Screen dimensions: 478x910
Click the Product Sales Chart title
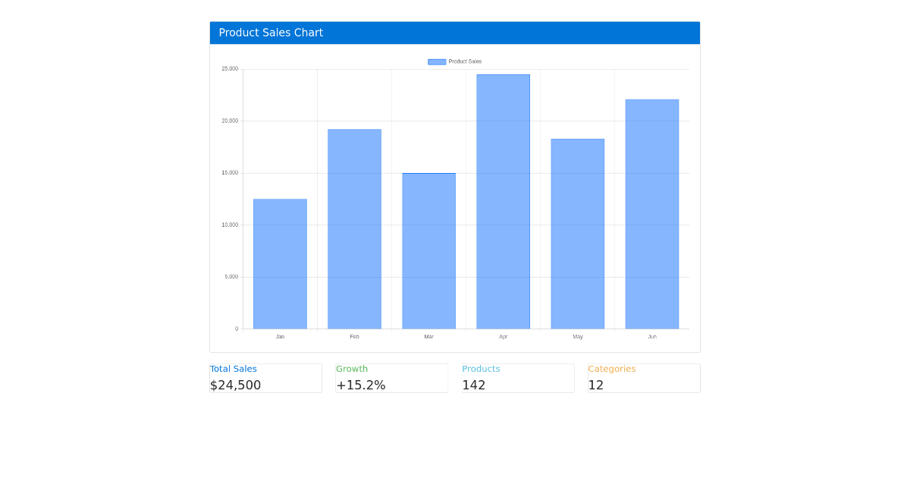pos(271,33)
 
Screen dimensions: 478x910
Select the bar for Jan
pos(280,264)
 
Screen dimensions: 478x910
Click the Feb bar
pos(354,229)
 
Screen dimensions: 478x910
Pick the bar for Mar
pos(428,251)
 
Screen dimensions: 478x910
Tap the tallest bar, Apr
pos(503,202)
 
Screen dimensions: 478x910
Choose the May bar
pos(577,234)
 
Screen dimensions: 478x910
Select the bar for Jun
pos(651,214)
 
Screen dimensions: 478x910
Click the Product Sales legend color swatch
pos(437,61)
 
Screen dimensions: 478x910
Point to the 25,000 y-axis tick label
pos(230,69)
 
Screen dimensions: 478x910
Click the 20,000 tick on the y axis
pos(230,121)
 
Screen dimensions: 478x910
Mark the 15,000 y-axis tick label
pos(230,173)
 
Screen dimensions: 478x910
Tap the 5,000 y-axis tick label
pos(231,277)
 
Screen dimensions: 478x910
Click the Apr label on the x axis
pos(503,337)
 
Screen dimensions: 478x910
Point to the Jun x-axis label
pos(651,337)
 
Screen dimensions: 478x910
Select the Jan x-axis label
pos(280,337)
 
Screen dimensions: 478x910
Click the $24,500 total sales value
pos(235,385)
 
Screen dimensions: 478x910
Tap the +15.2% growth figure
pos(360,385)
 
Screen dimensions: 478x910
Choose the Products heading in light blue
pos(481,369)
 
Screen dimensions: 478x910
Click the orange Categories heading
pos(611,369)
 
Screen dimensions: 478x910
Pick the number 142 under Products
pos(473,385)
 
